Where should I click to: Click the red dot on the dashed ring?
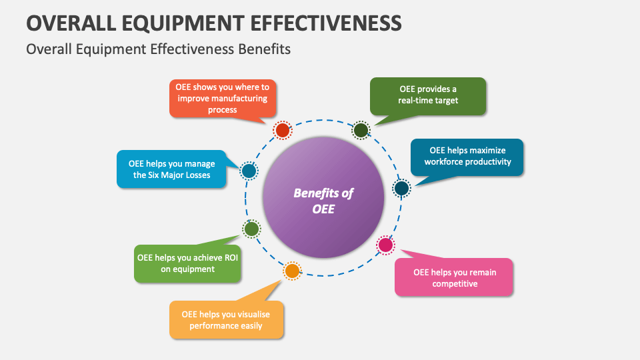pyautogui.click(x=283, y=130)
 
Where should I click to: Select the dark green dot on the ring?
pyautogui.click(x=361, y=130)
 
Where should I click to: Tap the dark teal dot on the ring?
pyautogui.click(x=401, y=189)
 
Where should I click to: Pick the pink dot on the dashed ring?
pyautogui.click(x=385, y=245)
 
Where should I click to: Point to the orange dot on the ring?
pyautogui.click(x=292, y=271)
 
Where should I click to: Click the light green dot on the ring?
pyautogui.click(x=251, y=229)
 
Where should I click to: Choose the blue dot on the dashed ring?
pyautogui.click(x=249, y=171)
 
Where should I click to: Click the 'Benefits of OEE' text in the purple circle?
pyautogui.click(x=323, y=201)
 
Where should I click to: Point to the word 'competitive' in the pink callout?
pyautogui.click(x=455, y=284)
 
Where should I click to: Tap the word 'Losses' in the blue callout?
pyautogui.click(x=195, y=175)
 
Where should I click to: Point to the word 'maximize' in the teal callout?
pyautogui.click(x=487, y=150)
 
